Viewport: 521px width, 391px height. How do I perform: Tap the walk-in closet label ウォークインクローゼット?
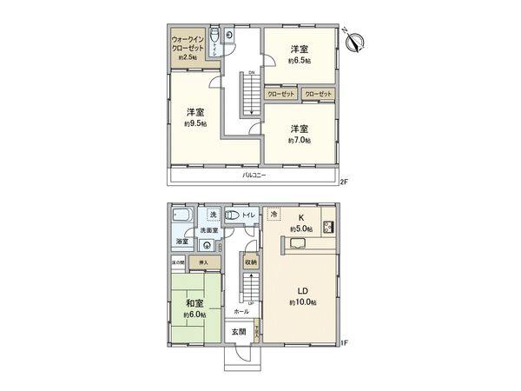(x=187, y=45)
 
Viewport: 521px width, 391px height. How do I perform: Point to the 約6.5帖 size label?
(x=301, y=61)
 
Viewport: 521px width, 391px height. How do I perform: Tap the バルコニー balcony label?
(x=254, y=176)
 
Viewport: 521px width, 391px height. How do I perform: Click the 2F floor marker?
(x=344, y=182)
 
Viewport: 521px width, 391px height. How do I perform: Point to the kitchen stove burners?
(x=330, y=228)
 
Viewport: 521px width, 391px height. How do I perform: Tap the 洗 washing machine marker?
(x=213, y=215)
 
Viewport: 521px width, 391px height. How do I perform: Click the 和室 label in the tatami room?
(x=195, y=303)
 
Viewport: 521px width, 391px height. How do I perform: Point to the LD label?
(x=302, y=290)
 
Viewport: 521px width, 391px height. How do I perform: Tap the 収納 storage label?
(x=250, y=261)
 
